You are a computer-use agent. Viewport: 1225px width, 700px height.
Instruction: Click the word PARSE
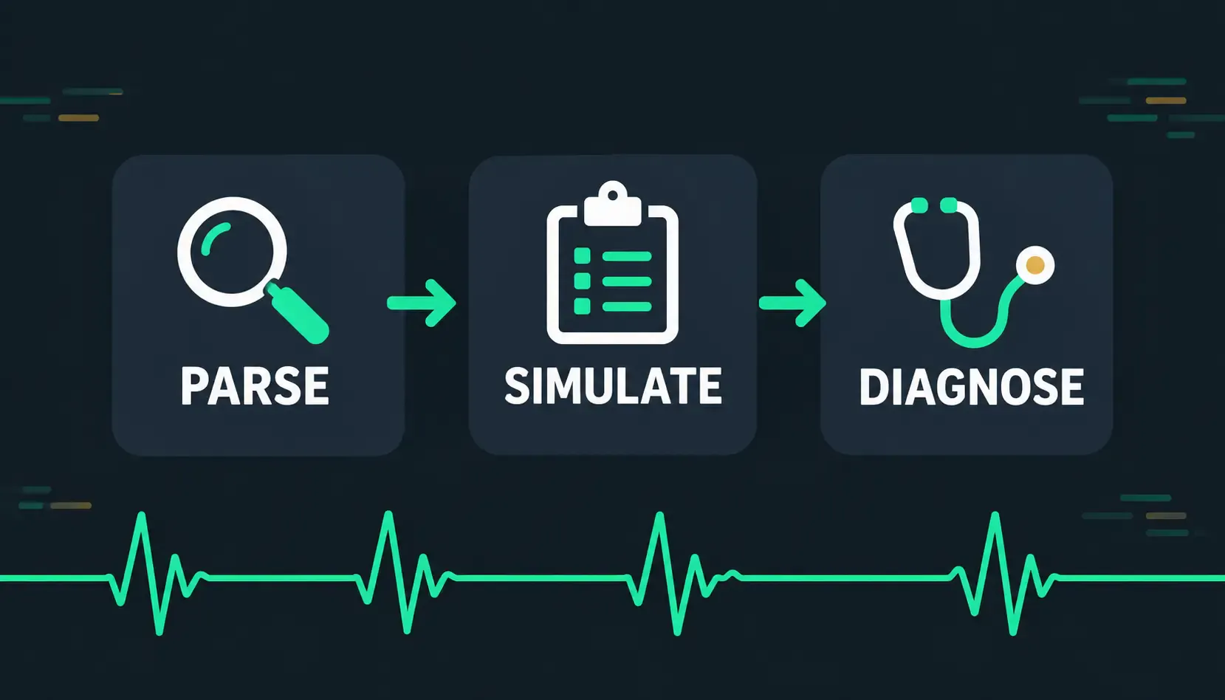pos(255,385)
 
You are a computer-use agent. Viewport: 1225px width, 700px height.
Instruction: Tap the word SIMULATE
pos(613,385)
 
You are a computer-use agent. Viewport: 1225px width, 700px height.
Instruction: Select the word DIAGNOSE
pos(971,387)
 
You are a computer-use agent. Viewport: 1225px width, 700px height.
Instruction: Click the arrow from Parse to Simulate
pos(421,303)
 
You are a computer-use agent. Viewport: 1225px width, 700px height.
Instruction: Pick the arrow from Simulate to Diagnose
pos(792,303)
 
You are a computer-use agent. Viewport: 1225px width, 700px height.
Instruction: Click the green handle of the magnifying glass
pos(298,312)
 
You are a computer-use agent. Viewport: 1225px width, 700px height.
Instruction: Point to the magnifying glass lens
pos(233,252)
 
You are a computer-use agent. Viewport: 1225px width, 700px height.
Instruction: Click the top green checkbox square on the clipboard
pos(582,256)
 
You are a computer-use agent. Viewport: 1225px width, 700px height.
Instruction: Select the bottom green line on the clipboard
pos(627,306)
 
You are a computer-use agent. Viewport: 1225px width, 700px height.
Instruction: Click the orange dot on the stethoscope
pos(1034,265)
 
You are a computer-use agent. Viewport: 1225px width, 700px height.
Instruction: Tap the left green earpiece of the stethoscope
pos(920,205)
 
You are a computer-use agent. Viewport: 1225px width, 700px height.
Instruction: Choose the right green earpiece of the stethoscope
pos(949,205)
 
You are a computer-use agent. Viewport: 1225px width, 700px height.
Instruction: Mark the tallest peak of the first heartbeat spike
pos(142,514)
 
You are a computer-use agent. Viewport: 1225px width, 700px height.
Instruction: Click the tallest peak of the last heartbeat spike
pos(995,514)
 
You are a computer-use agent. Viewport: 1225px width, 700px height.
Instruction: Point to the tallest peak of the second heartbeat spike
pos(388,513)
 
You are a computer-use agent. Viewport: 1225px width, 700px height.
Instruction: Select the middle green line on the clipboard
pos(627,281)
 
